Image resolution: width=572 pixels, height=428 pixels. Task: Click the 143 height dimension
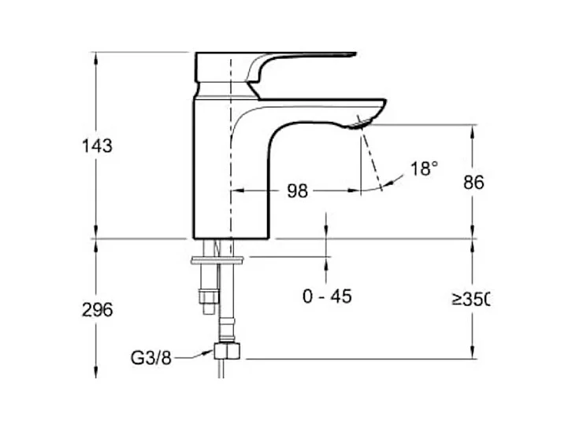point(97,146)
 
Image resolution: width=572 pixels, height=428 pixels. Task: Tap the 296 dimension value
point(97,310)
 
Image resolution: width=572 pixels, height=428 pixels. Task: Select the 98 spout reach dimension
point(297,191)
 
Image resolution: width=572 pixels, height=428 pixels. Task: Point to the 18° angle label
point(424,168)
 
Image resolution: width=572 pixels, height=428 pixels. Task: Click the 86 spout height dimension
point(474,183)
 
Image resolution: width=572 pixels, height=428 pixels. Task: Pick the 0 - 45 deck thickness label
point(327,297)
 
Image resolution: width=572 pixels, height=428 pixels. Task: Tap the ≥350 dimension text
point(470,299)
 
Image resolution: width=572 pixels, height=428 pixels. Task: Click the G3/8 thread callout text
point(151,358)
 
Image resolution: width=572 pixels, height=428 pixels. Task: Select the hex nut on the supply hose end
point(227,351)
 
